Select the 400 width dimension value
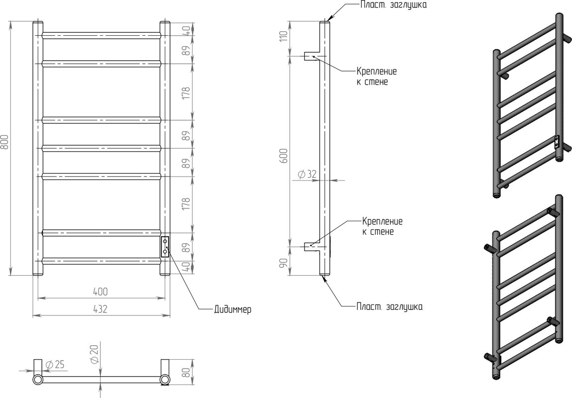100,292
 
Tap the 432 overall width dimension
100,309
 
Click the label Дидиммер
232,310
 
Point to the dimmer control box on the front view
165,247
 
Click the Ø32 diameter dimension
307,175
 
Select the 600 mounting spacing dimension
285,155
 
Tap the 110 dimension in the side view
285,36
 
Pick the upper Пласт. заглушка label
393,5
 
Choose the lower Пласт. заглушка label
389,307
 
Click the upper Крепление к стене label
377,76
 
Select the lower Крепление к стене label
382,226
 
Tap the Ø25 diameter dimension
55,365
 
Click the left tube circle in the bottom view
38,380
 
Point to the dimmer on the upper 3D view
557,142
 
